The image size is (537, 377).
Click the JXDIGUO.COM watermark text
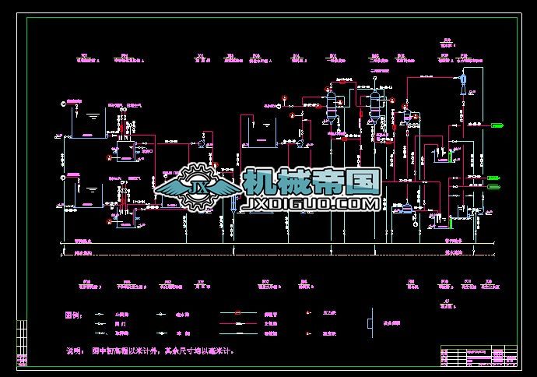click(x=311, y=204)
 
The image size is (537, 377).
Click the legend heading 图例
click(x=72, y=315)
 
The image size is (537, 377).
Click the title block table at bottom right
click(x=479, y=356)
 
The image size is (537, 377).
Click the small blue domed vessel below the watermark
click(x=405, y=209)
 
